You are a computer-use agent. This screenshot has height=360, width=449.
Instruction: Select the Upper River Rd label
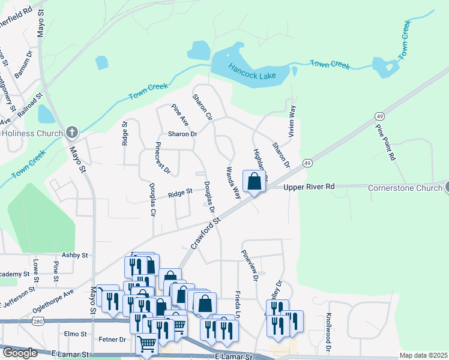click(x=309, y=187)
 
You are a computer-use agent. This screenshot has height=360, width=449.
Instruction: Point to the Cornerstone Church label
click(x=405, y=187)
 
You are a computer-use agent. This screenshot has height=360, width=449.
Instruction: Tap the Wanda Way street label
click(x=233, y=184)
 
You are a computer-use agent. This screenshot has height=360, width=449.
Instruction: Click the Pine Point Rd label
click(x=385, y=143)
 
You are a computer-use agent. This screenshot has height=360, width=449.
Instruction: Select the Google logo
click(x=19, y=353)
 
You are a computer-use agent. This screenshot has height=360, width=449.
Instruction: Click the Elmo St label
click(x=76, y=333)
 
